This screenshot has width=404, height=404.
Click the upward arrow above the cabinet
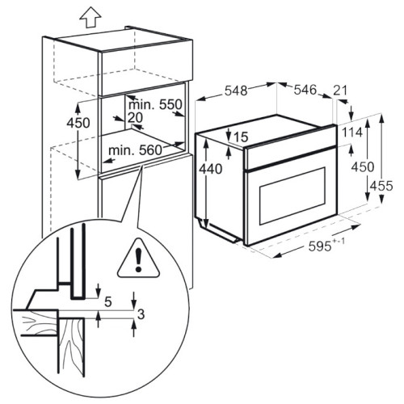click(x=90, y=19)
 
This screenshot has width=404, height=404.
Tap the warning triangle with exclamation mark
click(x=138, y=258)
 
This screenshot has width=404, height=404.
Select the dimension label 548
click(x=236, y=90)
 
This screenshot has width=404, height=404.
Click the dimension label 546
click(x=305, y=90)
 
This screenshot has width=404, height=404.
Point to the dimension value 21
click(x=340, y=90)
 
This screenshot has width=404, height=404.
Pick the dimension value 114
click(x=352, y=133)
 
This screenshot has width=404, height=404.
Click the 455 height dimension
click(x=381, y=186)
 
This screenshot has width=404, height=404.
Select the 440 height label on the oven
click(x=211, y=169)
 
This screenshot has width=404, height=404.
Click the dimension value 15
click(x=241, y=137)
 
